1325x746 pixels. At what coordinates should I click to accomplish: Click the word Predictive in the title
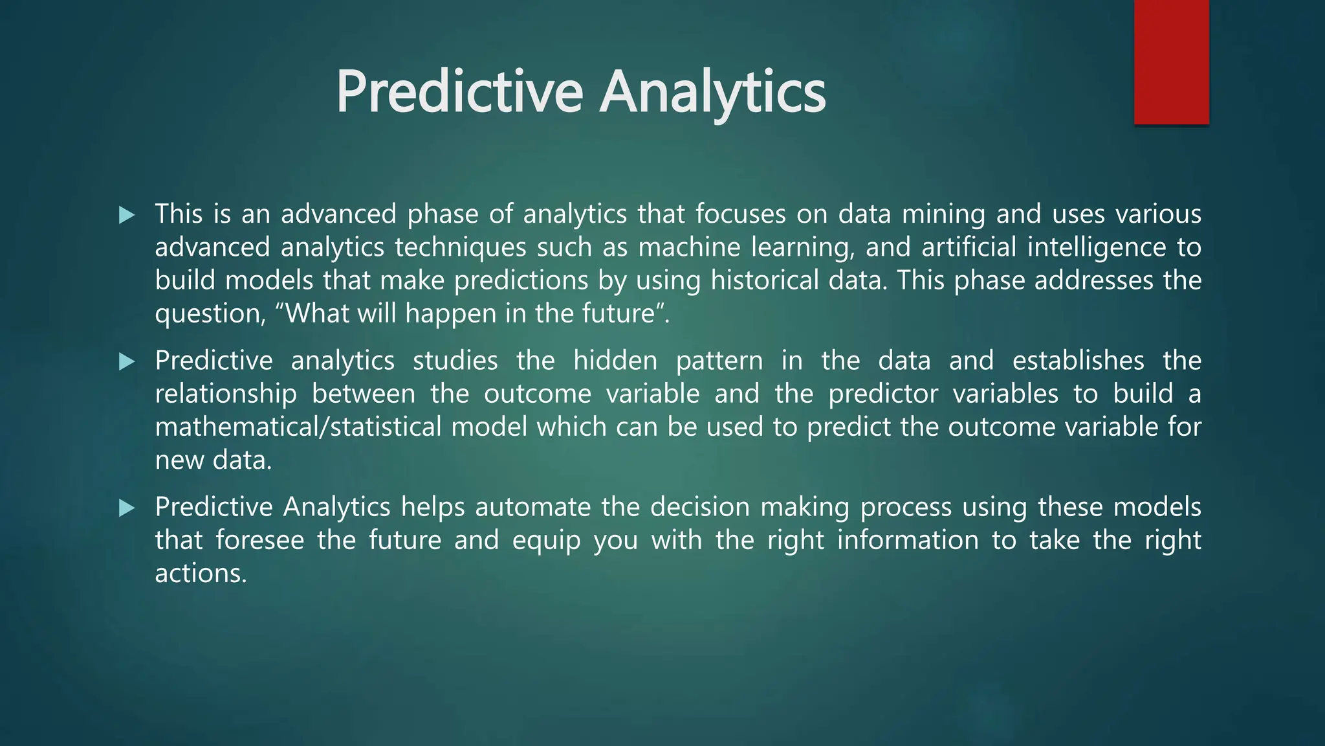(459, 93)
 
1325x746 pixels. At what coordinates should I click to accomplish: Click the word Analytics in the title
(713, 93)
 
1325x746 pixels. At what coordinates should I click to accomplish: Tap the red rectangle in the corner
(1171, 62)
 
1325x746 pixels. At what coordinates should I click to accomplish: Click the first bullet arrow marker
(127, 215)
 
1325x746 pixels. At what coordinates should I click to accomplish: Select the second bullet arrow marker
(127, 361)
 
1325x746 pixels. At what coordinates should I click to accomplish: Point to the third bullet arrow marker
(127, 508)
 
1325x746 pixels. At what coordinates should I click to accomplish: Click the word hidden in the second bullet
(615, 361)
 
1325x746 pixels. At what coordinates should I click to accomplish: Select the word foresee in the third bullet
(259, 540)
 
